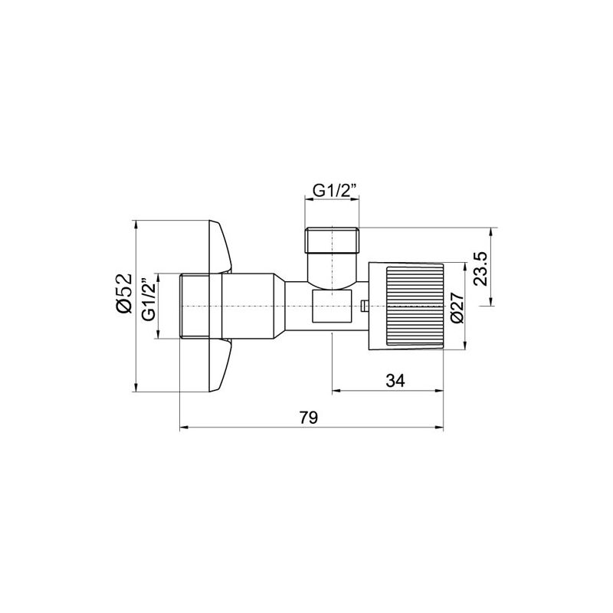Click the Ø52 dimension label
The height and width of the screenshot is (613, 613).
point(125,294)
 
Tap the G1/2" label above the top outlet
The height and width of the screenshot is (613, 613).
point(333,188)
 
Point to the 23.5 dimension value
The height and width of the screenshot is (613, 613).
point(480,268)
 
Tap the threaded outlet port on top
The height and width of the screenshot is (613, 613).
point(333,241)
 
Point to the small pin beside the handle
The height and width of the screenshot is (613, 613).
point(363,307)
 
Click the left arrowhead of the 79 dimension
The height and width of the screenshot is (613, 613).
point(182,428)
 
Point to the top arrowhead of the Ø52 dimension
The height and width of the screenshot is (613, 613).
point(135,225)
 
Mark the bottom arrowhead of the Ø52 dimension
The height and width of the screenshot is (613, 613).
point(135,389)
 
